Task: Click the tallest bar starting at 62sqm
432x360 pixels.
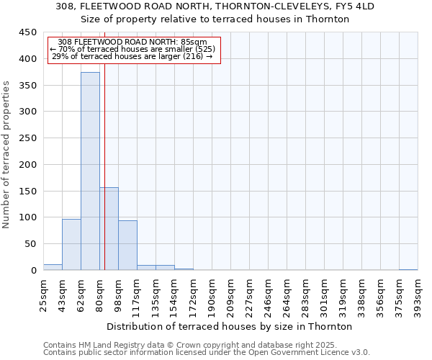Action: pos(90,171)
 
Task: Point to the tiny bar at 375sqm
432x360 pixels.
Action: pos(408,269)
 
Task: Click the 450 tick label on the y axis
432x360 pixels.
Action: pos(28,32)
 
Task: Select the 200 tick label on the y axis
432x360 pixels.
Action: pos(28,165)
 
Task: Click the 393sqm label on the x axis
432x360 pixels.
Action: pos(418,294)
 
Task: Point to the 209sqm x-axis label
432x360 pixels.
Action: pos(231,294)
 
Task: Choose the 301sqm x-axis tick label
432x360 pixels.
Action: pos(325,294)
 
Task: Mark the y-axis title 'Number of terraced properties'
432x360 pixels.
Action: pos(7,154)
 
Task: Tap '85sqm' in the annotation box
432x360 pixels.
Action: pos(194,42)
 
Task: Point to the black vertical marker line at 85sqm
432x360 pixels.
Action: pos(104,180)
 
